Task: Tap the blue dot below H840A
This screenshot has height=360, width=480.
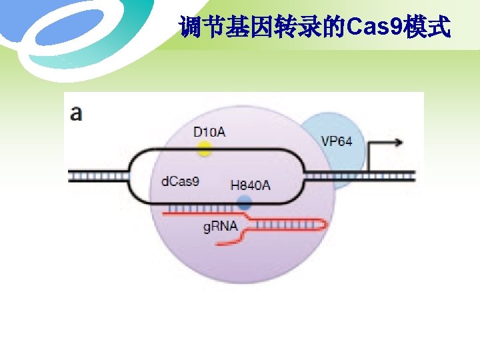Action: point(245,204)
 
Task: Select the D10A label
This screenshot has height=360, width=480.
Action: point(209,132)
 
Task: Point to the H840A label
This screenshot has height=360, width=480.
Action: point(250,185)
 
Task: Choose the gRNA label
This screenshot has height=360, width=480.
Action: point(220,227)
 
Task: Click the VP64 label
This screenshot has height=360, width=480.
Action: point(337,141)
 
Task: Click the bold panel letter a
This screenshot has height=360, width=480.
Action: point(77,113)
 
